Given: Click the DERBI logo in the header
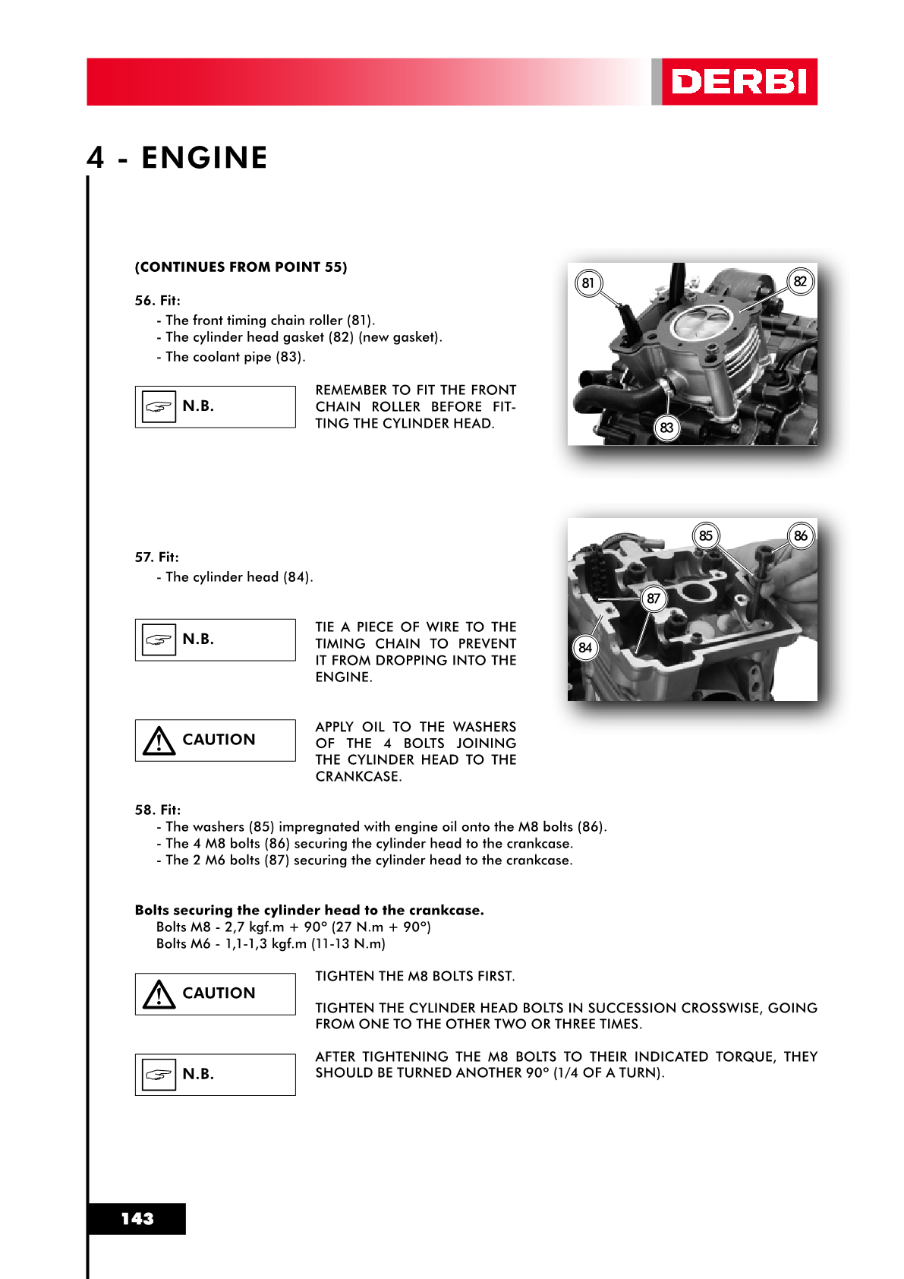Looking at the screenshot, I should [739, 82].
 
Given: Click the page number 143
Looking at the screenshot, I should [137, 1218].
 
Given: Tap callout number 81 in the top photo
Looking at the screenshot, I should [588, 283].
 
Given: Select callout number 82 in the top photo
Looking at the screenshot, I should [800, 282].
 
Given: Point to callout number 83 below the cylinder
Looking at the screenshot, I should [666, 428].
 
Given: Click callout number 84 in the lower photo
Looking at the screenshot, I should [585, 648].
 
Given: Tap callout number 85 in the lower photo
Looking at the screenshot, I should [706, 535].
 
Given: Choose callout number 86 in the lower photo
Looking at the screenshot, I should [801, 535].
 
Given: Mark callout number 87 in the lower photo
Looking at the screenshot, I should [654, 598].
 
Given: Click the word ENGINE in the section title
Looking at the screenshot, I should [204, 158].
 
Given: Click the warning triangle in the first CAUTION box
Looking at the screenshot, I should [159, 741].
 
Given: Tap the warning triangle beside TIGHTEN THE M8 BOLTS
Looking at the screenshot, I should [159, 994].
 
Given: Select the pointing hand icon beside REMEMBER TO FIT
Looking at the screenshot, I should [159, 407].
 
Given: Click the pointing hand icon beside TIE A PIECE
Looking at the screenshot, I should [159, 640].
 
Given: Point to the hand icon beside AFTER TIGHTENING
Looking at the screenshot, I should [159, 1075].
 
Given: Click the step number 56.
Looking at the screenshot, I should [143, 301].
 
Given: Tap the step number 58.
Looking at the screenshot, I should [144, 810].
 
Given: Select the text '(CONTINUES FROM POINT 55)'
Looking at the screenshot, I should [241, 267].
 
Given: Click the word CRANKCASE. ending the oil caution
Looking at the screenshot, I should [358, 776].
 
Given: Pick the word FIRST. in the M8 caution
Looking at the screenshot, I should [496, 976].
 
